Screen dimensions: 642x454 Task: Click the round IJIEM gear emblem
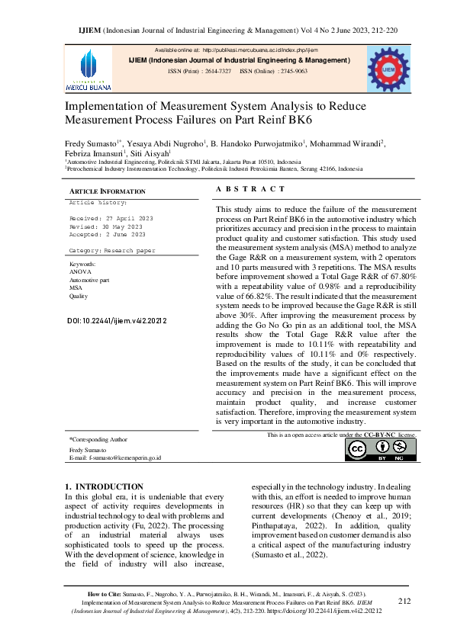point(388,69)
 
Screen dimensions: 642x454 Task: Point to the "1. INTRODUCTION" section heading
point(104,486)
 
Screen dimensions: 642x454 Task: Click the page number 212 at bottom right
point(404,601)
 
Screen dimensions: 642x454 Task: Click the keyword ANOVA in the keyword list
point(79,271)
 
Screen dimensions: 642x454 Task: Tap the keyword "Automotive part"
point(89,280)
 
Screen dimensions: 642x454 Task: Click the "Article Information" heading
point(108,191)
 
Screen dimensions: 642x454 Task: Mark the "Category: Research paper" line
point(111,250)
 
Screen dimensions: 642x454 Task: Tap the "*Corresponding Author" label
point(98,440)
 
